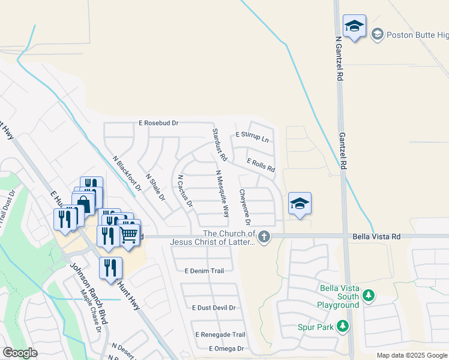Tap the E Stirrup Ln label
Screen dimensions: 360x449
[252, 137]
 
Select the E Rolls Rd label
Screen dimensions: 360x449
[261, 165]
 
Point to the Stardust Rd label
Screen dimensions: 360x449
[218, 145]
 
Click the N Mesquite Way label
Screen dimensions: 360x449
[222, 193]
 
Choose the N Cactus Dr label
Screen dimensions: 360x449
[185, 191]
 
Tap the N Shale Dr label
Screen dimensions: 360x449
[155, 187]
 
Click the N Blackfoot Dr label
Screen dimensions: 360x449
[127, 173]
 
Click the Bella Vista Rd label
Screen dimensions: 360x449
[375, 237]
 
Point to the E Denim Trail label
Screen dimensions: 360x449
[205, 271]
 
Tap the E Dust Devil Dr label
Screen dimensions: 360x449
[214, 308]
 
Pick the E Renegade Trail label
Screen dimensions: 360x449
[220, 334]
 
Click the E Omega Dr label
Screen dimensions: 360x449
[226, 349]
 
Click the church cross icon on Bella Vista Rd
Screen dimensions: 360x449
[264, 238]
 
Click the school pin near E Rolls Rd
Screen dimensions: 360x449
[300, 203]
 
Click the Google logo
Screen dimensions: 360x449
[20, 352]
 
